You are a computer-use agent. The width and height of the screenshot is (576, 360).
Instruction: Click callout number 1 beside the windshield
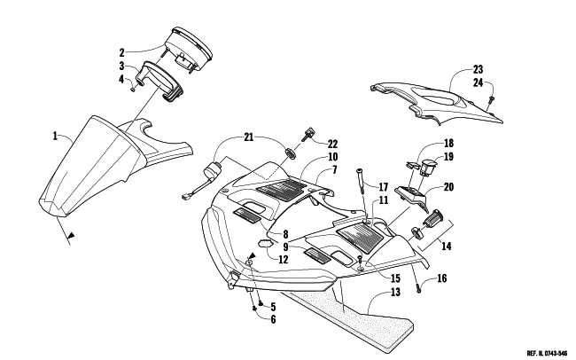point(55,136)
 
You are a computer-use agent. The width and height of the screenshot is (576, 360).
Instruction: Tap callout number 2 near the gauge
point(121,52)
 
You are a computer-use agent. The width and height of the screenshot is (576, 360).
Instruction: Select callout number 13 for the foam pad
point(395,293)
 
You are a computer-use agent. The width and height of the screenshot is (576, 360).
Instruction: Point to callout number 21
point(249,137)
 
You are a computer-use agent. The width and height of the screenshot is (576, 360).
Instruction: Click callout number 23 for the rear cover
point(478,69)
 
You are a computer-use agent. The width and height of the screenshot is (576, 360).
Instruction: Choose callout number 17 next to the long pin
point(383,187)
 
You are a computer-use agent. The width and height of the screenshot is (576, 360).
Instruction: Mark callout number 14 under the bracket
point(446,246)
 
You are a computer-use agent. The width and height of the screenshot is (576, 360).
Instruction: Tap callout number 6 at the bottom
point(273,319)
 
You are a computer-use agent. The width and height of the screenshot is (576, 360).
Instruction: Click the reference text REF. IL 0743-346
point(547,354)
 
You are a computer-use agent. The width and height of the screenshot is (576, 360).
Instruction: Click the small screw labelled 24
point(491,98)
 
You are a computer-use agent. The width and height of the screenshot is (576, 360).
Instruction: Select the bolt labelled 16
point(419,290)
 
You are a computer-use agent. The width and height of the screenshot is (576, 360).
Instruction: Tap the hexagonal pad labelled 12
point(265,243)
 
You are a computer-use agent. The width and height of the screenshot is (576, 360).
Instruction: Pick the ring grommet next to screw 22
point(291,153)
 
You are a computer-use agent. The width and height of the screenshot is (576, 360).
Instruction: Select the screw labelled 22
point(307,134)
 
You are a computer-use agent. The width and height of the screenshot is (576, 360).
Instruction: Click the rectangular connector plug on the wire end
point(185,197)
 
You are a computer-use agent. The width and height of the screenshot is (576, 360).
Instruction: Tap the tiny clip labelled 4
point(134,89)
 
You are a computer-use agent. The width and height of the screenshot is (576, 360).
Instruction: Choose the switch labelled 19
point(428,167)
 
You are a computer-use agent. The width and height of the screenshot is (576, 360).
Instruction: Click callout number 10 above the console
point(332,157)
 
